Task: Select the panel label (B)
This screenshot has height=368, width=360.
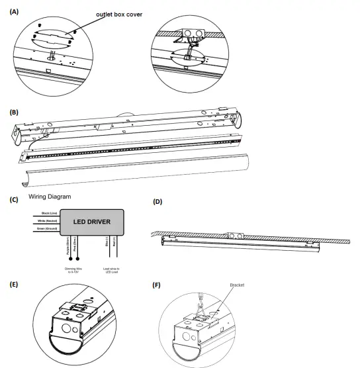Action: [x=13, y=112]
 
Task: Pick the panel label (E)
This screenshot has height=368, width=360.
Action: [x=13, y=285]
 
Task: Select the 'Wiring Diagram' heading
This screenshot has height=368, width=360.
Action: [x=50, y=197]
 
